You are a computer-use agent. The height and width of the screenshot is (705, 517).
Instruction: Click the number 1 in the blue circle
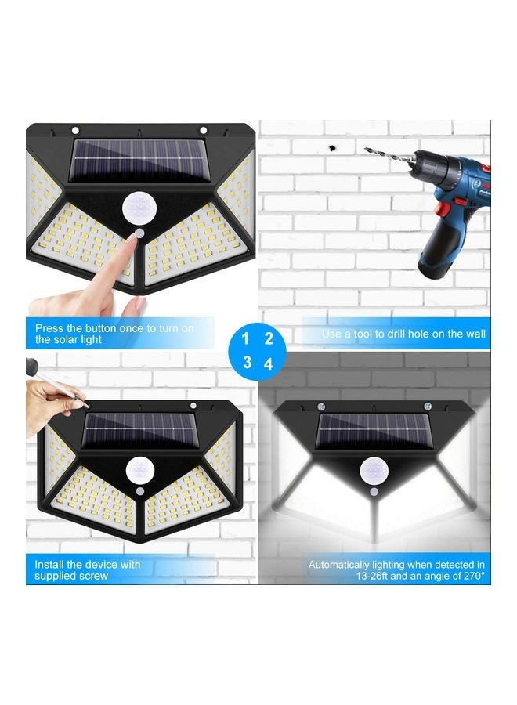[x=245, y=339]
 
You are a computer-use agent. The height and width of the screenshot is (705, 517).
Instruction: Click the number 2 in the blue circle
[x=269, y=339]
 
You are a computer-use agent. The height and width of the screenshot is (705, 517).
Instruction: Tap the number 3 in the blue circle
[x=246, y=363]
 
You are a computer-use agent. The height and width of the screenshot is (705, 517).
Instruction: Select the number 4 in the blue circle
[x=269, y=363]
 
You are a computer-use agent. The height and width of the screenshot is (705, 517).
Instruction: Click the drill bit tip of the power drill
[x=367, y=149]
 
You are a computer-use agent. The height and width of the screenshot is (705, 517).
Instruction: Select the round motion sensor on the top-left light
[x=138, y=208]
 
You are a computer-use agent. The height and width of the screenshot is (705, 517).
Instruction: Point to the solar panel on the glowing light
[x=374, y=432]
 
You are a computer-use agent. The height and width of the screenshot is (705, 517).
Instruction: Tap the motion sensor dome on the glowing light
[x=374, y=471]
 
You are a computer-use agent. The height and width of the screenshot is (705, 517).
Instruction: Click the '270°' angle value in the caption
[x=470, y=576]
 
